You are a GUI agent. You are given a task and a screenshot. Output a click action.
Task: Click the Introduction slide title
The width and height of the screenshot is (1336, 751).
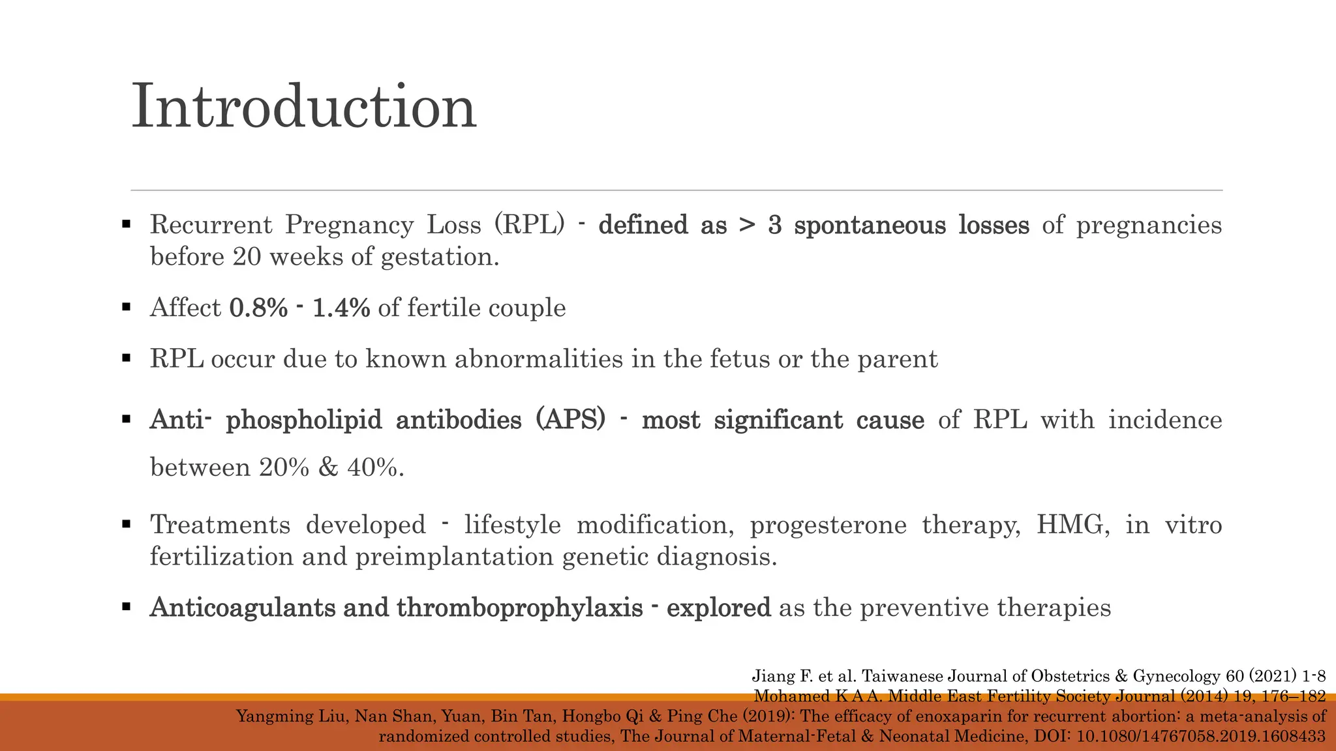click(304, 107)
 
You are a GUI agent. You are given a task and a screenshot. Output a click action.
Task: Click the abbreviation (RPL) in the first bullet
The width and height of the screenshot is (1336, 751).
click(529, 225)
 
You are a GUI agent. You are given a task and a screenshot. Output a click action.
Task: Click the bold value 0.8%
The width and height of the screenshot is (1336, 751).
click(258, 308)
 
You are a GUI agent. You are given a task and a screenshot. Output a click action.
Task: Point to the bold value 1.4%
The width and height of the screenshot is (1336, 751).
click(341, 308)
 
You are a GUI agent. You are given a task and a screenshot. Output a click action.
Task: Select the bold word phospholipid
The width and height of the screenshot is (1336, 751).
click(303, 420)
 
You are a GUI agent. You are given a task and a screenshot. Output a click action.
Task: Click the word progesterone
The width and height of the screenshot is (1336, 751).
click(828, 525)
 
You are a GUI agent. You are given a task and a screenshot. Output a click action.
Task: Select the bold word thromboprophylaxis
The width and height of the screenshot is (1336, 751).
click(520, 608)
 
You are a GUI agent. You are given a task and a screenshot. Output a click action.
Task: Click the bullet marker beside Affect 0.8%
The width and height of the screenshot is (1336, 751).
click(127, 308)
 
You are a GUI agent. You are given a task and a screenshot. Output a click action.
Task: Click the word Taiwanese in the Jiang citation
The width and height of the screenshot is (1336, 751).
click(903, 676)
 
